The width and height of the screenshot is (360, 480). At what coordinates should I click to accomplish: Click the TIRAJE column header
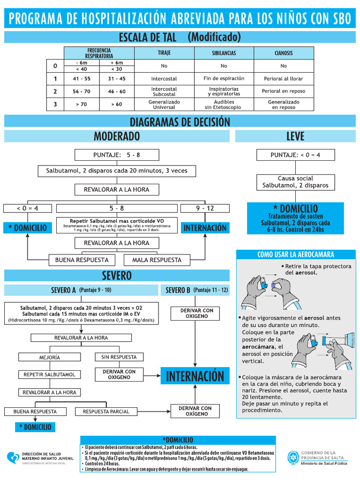click(164, 53)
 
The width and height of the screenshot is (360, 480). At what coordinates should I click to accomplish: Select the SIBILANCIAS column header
click(224, 53)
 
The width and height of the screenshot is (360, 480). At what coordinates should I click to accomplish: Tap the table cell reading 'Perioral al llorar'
click(283, 79)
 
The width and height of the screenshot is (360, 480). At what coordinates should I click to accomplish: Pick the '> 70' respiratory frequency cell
click(81, 104)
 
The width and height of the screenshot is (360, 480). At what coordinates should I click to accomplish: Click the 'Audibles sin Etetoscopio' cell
click(224, 104)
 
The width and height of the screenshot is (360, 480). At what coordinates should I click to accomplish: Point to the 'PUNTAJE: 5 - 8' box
click(117, 155)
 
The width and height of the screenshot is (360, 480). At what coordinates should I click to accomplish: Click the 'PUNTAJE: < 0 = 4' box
click(295, 155)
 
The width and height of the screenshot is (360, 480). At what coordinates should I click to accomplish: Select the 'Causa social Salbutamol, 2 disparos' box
click(295, 182)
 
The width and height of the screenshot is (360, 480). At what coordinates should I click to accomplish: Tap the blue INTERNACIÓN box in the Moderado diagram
click(205, 228)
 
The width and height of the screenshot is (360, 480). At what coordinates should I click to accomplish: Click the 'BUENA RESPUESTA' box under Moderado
click(82, 260)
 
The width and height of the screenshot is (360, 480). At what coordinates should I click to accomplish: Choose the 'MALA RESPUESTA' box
click(157, 260)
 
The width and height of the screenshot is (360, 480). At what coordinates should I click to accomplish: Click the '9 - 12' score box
click(205, 208)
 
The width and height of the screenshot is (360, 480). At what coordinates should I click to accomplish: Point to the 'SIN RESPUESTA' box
click(119, 357)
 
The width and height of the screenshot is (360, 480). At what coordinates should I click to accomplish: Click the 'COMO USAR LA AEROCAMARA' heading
click(295, 255)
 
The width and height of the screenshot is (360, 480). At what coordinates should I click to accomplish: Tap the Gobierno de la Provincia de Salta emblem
click(293, 457)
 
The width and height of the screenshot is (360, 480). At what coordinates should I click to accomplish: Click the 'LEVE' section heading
click(295, 136)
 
